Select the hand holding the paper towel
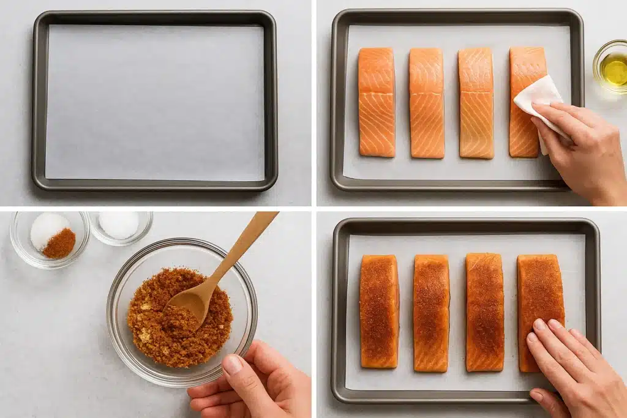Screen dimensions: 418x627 click(x=582, y=147)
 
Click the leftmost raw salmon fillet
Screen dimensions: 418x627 click(x=377, y=102)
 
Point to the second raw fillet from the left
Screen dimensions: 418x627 click(x=427, y=102)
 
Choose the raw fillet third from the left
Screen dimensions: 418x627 click(x=476, y=102)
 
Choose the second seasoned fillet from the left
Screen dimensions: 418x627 click(x=431, y=312)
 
